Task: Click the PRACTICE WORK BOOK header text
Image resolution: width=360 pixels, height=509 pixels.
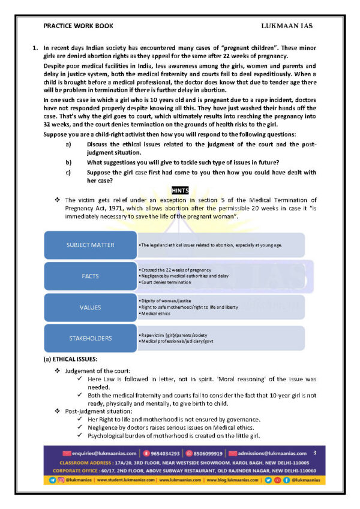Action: (78, 26)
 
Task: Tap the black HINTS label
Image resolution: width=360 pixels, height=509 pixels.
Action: (180, 190)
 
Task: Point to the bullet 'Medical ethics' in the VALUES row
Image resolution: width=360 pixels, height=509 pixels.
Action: (156, 314)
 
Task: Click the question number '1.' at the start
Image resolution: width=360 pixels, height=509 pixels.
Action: (35, 47)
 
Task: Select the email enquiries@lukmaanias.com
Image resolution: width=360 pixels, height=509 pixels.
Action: (112, 453)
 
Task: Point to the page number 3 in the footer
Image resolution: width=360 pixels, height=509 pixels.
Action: (314, 453)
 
